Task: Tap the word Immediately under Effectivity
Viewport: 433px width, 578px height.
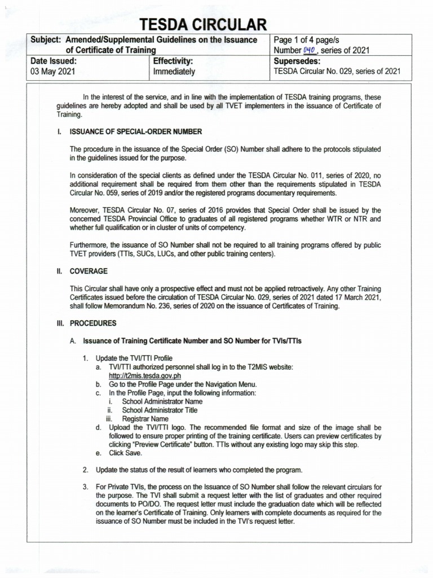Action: (x=174, y=72)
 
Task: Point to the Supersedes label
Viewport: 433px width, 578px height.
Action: (x=297, y=61)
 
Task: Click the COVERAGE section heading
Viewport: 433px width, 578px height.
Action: (x=89, y=272)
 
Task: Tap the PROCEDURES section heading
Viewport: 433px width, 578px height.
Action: (x=93, y=323)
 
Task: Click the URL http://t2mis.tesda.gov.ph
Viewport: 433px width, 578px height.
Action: (x=145, y=375)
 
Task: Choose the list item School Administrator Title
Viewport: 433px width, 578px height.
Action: (x=160, y=410)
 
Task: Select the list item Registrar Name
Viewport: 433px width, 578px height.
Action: (x=145, y=419)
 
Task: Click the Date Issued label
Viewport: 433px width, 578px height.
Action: (x=53, y=61)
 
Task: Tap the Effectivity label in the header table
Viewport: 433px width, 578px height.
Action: (x=173, y=61)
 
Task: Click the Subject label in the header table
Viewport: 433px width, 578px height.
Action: (x=46, y=40)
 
